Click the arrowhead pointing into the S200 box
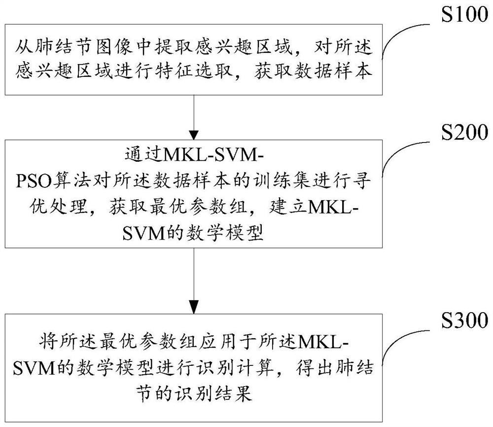pos(194,134)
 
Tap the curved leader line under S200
pos(404,155)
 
